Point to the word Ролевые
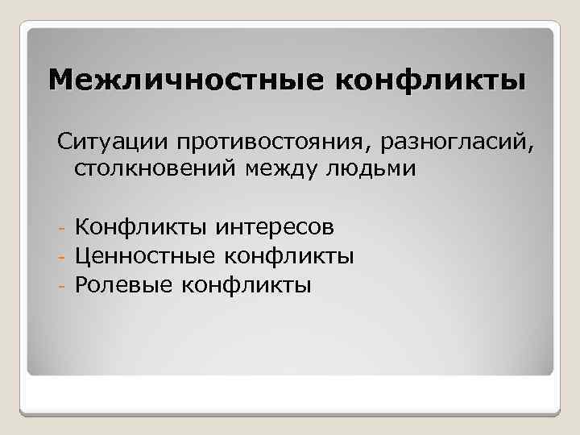coord(123,284)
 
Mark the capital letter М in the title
coord(60,80)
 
